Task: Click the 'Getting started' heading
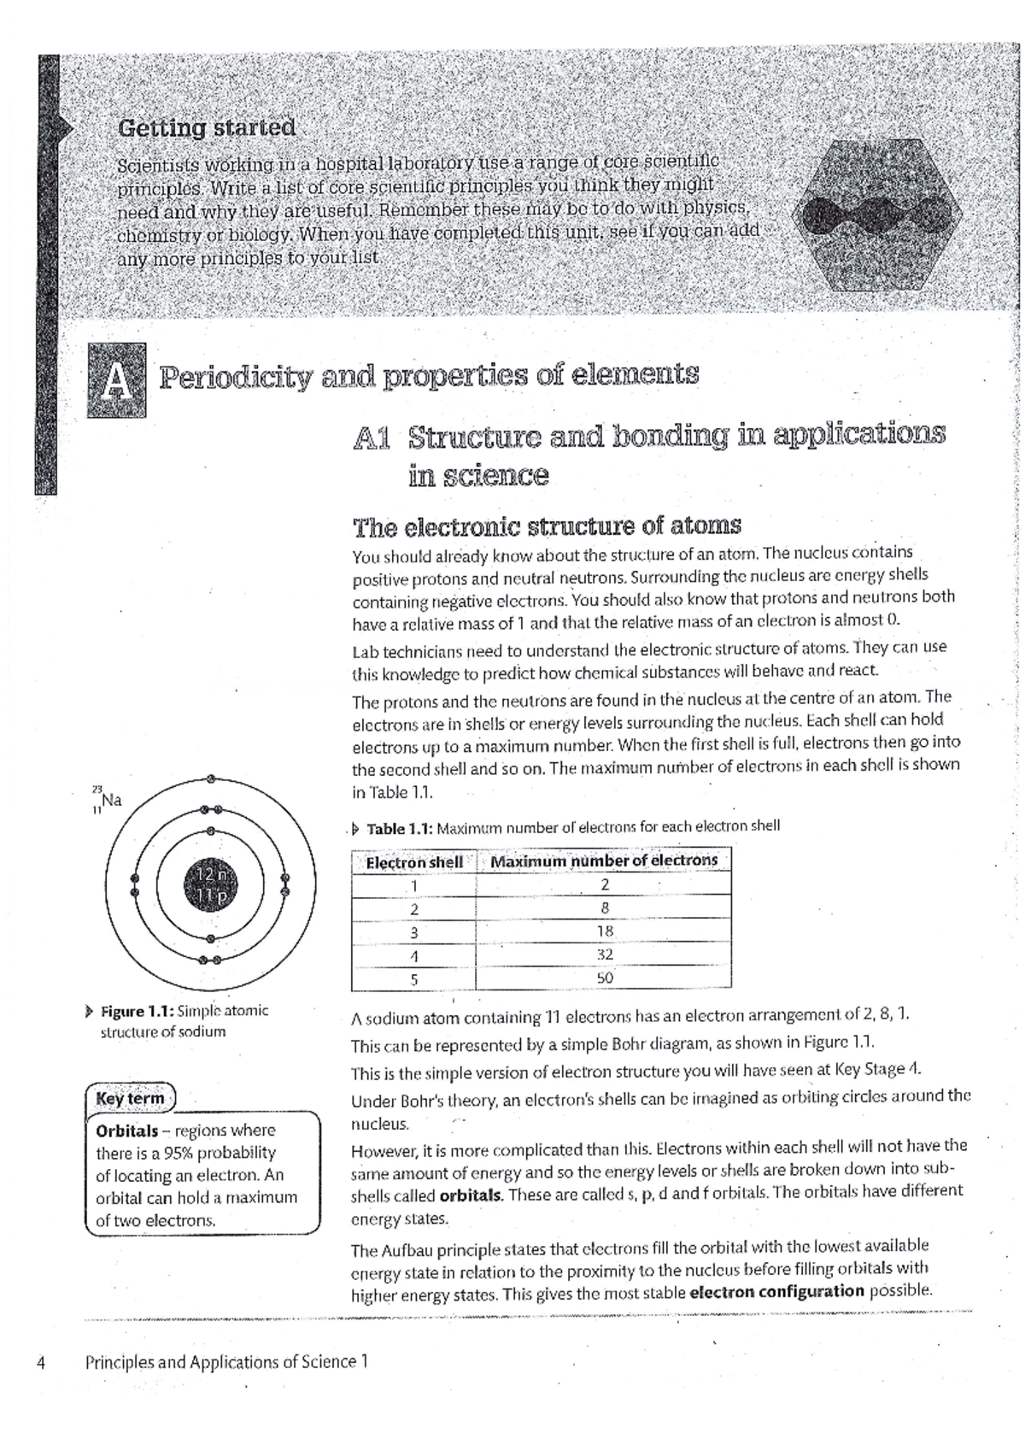coord(207,128)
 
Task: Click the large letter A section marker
coord(116,380)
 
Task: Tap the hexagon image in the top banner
coord(870,216)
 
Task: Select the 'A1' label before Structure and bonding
coord(372,438)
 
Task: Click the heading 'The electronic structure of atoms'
coord(547,526)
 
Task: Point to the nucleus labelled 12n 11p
coord(210,884)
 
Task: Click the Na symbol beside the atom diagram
coord(111,801)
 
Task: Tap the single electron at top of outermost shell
coord(210,778)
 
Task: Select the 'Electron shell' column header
coord(414,861)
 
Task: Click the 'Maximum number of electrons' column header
coord(604,861)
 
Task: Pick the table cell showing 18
coord(605,931)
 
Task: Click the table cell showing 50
coord(605,978)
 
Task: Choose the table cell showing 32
coord(605,955)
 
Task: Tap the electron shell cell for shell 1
coord(414,885)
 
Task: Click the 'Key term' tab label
coord(130,1098)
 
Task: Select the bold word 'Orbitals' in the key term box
coord(127,1131)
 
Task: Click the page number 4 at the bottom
coord(41,1362)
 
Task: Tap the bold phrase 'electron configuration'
coord(776,1291)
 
